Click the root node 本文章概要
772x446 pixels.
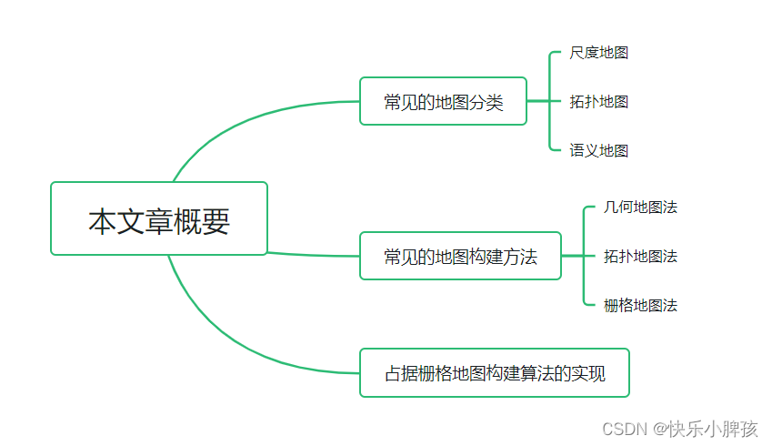[x=159, y=218]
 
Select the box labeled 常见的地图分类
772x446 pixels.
[x=443, y=101]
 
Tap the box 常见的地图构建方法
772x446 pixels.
[x=460, y=256]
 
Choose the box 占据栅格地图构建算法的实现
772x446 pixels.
[x=494, y=372]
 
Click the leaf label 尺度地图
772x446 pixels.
[x=598, y=53]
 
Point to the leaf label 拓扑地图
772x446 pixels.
[x=598, y=101]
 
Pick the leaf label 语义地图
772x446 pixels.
[x=598, y=150]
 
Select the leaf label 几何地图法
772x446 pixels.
[x=640, y=208]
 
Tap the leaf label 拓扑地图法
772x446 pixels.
[x=640, y=257]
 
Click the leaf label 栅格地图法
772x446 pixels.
[x=640, y=305]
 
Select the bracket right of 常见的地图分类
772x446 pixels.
[x=550, y=101]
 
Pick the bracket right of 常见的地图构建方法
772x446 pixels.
[x=583, y=256]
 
